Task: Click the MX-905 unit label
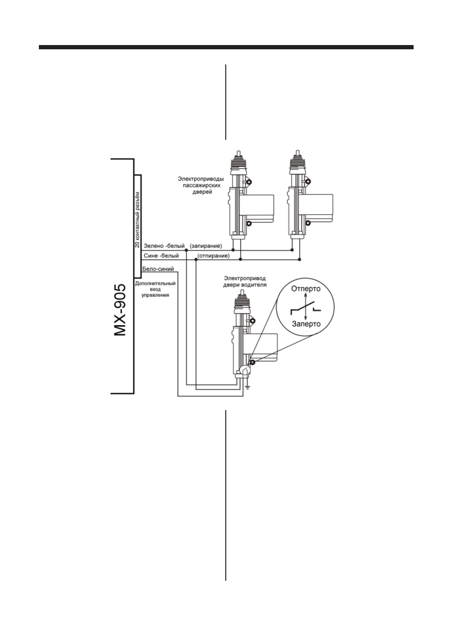pos(120,310)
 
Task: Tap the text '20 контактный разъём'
pos(137,220)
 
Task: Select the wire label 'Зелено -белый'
pos(164,246)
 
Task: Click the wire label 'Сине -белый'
pos(161,256)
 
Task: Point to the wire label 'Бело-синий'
pos(158,269)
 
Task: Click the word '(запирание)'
pos(206,246)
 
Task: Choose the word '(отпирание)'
pos(213,256)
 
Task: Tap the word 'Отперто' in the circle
pos(306,288)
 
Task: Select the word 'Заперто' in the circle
pos(306,324)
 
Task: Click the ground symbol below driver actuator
pos(248,387)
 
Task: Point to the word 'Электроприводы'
pos(201,179)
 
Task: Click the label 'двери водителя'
pos(245,285)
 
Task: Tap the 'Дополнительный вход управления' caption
pos(155,289)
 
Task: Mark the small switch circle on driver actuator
pos(245,371)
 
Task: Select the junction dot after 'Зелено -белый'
pos(186,250)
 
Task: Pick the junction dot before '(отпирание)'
pos(196,259)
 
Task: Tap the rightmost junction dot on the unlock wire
pos(299,259)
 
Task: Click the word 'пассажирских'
pos(202,185)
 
